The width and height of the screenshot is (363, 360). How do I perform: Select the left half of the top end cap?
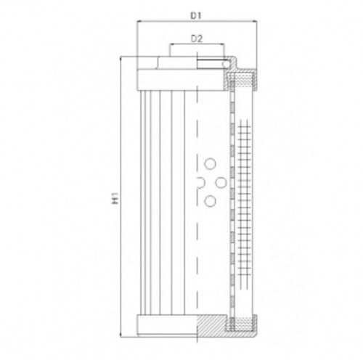coord(166,77)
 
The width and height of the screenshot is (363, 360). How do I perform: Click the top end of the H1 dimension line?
coord(123,58)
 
